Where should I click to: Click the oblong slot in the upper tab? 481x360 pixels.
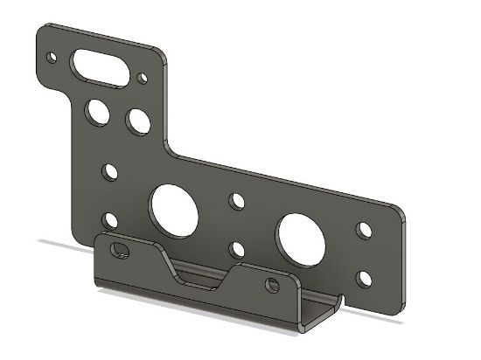click(100, 66)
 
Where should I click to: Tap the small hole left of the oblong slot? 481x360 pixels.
click(51, 59)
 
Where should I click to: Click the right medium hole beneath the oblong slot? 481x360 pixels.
click(138, 120)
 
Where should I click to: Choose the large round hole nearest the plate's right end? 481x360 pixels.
click(301, 239)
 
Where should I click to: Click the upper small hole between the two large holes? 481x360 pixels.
click(237, 202)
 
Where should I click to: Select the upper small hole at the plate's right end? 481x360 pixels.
click(365, 230)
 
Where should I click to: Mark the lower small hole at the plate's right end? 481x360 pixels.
click(365, 280)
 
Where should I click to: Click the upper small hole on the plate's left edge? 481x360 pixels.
click(110, 171)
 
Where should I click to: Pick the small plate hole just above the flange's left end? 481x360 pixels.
click(110, 219)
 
